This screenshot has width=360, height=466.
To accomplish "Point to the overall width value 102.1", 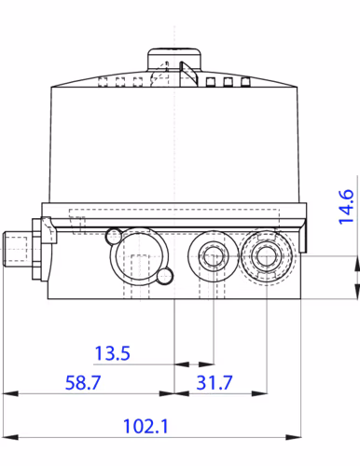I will pyautogui.click(x=144, y=426).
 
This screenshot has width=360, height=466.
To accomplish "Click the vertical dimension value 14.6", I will pyautogui.click(x=346, y=207).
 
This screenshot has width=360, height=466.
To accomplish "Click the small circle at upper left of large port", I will pyautogui.click(x=113, y=233).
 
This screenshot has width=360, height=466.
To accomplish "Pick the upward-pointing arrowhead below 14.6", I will pyautogui.click(x=355, y=265).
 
